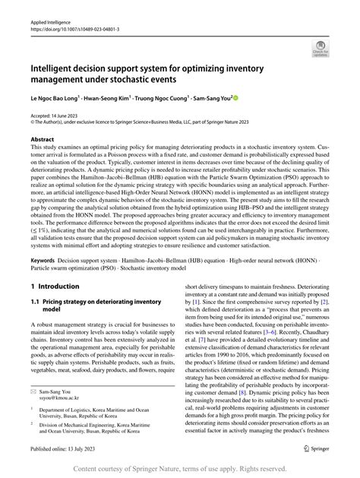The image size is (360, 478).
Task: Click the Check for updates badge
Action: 320,50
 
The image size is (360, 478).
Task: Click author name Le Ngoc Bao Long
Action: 58,99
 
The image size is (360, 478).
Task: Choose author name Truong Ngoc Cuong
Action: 166,99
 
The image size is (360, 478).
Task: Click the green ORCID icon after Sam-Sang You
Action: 236,99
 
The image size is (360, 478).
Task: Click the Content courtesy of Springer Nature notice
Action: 179,468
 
